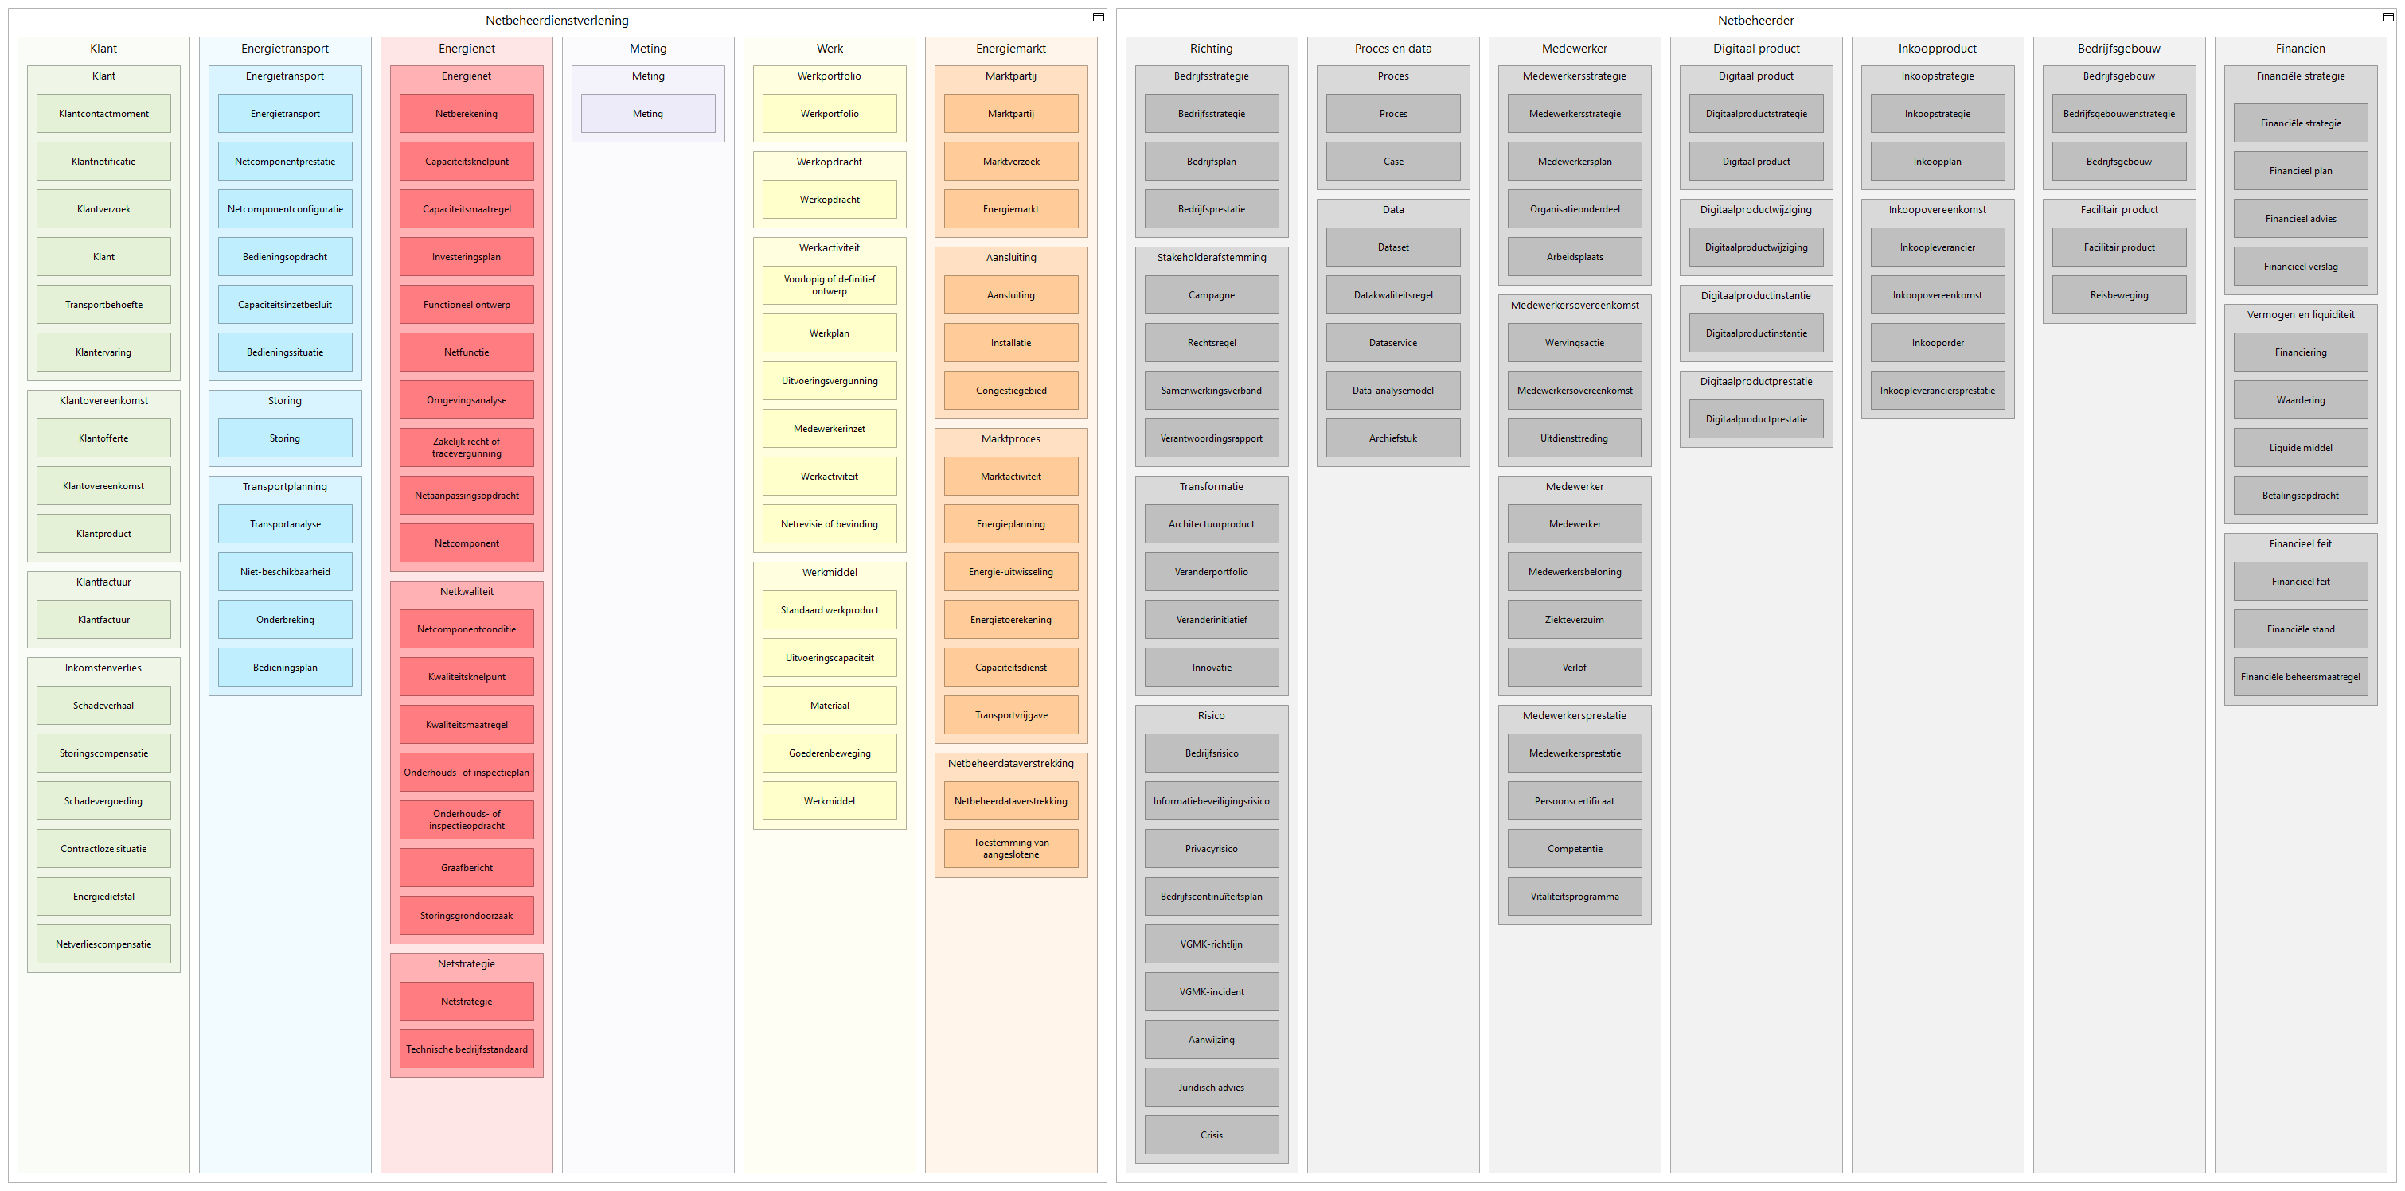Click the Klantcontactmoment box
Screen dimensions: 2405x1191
tap(103, 114)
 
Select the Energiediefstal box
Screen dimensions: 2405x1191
tap(103, 896)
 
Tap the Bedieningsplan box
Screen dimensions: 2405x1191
tap(285, 668)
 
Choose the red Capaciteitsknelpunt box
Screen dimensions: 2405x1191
tap(467, 162)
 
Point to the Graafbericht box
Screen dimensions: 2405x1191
tap(467, 868)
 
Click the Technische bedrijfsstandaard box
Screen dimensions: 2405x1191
tap(467, 1049)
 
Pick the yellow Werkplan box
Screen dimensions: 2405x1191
tap(829, 333)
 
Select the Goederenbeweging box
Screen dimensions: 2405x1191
tap(829, 753)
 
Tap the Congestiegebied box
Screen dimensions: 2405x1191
tap(1011, 390)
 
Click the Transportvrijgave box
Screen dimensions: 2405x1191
tap(1011, 715)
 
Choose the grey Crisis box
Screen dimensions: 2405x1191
tap(1212, 1135)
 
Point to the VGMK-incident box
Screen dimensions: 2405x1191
tap(1212, 992)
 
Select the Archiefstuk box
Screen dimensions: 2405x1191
tap(1393, 438)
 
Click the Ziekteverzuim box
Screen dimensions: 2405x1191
tap(1574, 620)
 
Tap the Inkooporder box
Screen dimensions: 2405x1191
tap(1937, 343)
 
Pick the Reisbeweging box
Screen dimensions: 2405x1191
tap(2119, 295)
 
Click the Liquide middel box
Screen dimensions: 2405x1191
tap(2301, 448)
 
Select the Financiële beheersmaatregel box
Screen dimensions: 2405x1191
tap(2301, 677)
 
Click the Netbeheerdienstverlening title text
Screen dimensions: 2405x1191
tap(557, 21)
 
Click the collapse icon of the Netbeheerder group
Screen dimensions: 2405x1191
tap(2387, 17)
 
